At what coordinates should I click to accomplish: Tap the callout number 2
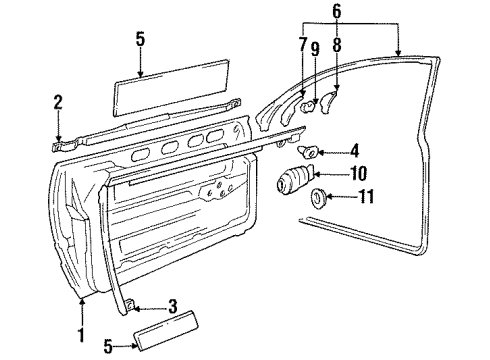pos(58,103)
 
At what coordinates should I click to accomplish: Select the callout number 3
pos(172,307)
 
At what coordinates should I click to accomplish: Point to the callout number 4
pos(354,151)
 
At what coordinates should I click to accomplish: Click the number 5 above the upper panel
pos(140,39)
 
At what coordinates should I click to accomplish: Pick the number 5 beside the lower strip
pos(108,346)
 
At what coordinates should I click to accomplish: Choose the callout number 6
pos(337,11)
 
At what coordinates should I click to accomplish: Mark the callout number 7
pos(303,45)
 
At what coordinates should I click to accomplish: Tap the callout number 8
pos(337,45)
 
